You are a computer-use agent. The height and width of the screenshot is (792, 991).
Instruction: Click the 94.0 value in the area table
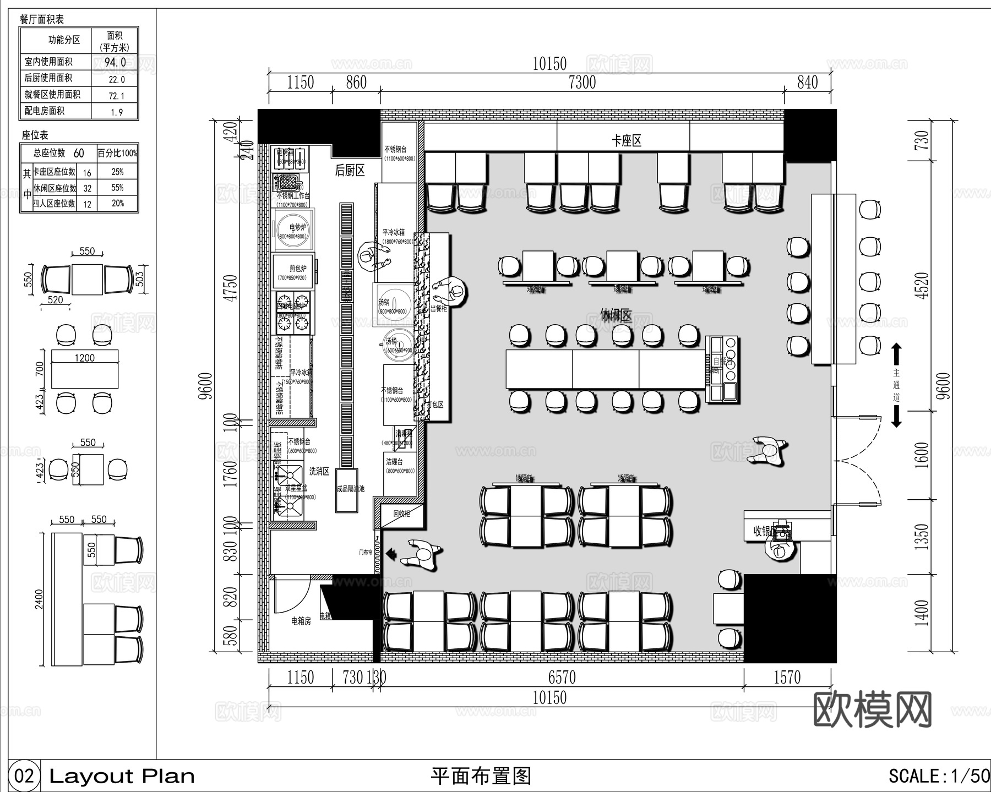click(115, 62)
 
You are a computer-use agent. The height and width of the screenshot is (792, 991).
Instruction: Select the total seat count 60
click(79, 153)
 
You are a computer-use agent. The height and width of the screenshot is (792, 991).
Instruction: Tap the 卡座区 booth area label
click(627, 141)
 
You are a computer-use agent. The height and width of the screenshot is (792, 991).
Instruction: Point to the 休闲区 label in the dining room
click(616, 315)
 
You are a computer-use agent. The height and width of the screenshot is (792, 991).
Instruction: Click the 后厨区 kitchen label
click(350, 171)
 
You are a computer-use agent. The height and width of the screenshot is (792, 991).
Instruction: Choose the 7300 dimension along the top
click(582, 83)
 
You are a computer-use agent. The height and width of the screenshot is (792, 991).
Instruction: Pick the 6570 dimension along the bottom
click(562, 677)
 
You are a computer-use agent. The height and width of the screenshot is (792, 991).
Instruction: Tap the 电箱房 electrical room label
click(301, 621)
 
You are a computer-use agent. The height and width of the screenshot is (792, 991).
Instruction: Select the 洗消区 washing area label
click(319, 471)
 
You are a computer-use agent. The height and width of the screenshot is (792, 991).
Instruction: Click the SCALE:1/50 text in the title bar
click(939, 776)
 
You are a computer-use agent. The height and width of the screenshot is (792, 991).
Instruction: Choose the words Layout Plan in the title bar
click(122, 777)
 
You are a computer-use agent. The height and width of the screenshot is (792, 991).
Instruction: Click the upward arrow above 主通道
click(896, 352)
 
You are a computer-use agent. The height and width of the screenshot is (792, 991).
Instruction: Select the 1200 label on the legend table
click(84, 358)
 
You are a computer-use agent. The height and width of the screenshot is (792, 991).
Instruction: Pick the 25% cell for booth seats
click(117, 172)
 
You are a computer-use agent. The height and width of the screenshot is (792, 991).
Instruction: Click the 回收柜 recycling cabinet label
click(401, 514)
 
